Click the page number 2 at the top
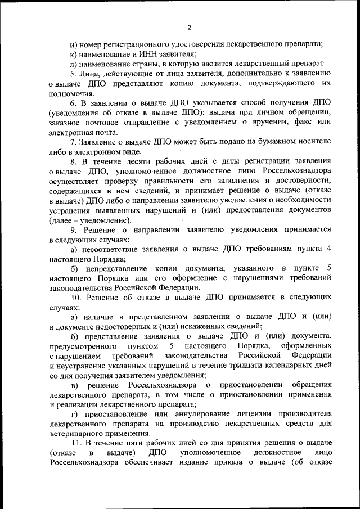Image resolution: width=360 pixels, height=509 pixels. click(190, 26)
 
